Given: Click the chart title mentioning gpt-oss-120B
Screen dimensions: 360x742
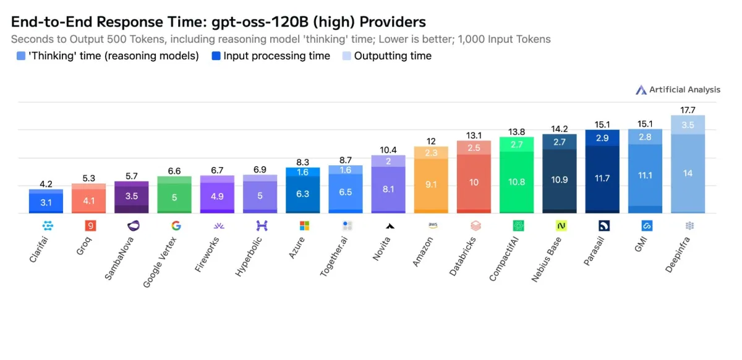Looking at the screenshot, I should (218, 22).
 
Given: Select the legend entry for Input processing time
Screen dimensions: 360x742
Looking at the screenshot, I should (270, 56).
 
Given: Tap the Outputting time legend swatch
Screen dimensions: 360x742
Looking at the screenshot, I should (347, 56).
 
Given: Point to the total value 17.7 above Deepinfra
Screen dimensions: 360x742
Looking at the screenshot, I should (688, 110).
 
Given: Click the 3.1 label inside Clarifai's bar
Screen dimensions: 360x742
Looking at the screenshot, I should (46, 202).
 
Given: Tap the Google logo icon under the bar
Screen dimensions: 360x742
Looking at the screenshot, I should (176, 226).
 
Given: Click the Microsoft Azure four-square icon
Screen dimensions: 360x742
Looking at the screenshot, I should (304, 226).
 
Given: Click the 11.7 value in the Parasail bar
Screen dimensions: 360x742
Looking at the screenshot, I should (602, 178).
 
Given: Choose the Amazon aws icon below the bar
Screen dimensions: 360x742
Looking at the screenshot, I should (432, 226).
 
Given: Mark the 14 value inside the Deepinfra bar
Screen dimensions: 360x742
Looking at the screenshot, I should (688, 173).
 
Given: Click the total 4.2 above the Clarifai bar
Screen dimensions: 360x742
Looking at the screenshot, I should (46, 184).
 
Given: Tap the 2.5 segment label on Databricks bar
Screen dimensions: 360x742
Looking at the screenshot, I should (474, 148).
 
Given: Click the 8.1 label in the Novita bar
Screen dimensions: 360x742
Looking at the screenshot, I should (388, 189).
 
